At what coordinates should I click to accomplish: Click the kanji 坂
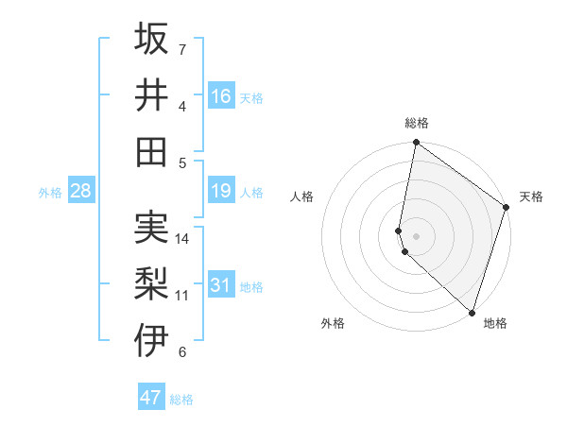[x=152, y=39]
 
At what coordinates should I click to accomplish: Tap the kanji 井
[x=152, y=95]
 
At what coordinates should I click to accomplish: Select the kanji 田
[x=152, y=152]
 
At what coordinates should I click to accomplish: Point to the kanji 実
[x=152, y=228]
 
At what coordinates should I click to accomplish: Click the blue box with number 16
[x=221, y=96]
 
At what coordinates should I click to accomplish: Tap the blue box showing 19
[x=221, y=192]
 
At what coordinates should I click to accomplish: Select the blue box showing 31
[x=221, y=285]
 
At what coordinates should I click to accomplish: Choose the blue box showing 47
[x=151, y=398]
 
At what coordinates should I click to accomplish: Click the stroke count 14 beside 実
[x=182, y=239]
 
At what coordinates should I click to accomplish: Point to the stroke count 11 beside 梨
[x=182, y=296]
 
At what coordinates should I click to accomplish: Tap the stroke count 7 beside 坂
[x=182, y=49]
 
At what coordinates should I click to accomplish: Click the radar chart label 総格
[x=417, y=123]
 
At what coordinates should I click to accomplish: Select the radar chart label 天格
[x=531, y=196]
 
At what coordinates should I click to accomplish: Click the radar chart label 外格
[x=333, y=324]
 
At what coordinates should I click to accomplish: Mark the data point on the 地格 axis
[x=472, y=312]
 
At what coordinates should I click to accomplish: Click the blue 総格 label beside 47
[x=181, y=400]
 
